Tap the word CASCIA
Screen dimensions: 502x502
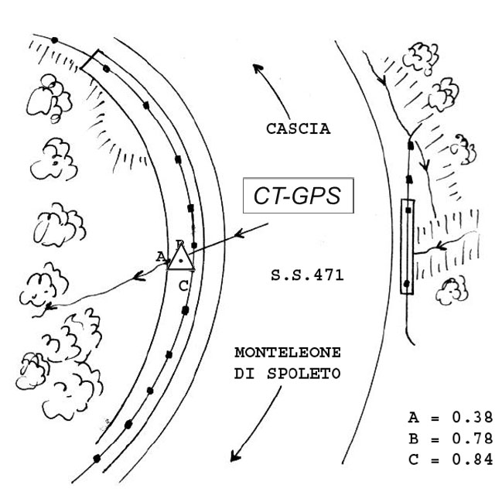pos(298,129)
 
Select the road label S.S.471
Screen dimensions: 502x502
pos(307,275)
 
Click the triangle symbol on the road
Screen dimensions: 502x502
pos(181,258)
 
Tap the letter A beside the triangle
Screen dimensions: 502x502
pos(160,255)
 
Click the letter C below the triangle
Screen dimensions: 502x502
pos(182,285)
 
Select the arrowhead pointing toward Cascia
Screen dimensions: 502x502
pos(258,68)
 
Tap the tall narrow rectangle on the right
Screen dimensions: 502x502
pos(408,246)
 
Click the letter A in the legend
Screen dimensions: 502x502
pos(412,418)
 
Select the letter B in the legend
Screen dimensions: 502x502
pos(412,439)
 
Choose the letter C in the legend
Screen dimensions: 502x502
pos(412,460)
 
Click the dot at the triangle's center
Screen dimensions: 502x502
pos(181,262)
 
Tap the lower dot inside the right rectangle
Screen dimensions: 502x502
pos(407,283)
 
